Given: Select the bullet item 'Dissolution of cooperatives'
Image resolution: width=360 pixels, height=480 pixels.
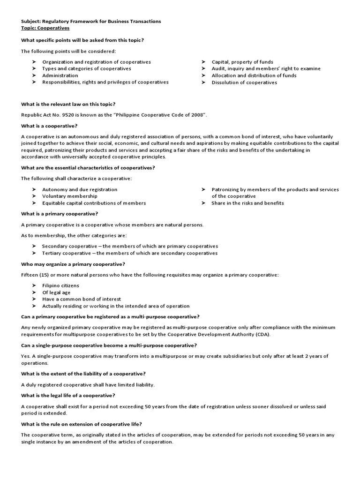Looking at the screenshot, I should [244, 82].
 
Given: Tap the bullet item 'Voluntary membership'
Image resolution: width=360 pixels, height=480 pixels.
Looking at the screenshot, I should [70, 196].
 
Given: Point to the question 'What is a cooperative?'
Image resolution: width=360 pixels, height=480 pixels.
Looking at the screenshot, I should [49, 126].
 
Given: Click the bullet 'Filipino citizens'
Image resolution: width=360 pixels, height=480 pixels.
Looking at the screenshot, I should [60, 285].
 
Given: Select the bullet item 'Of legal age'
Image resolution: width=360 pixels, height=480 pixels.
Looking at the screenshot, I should [56, 292].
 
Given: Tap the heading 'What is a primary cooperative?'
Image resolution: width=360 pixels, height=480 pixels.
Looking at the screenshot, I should [60, 214].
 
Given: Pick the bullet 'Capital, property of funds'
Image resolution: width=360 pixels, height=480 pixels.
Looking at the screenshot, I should [242, 62].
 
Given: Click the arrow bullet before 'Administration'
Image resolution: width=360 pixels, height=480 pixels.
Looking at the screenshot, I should [34, 75].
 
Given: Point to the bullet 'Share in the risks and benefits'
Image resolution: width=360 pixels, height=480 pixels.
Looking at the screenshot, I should [247, 203].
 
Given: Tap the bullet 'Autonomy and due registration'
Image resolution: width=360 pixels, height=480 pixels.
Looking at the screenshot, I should [80, 189].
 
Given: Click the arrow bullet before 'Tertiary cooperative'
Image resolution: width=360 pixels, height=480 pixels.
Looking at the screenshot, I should [34, 253].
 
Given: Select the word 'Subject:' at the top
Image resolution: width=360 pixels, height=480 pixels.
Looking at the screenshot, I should [30, 21].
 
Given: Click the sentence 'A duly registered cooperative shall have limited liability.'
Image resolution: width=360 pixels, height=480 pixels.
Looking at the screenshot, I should [88, 385].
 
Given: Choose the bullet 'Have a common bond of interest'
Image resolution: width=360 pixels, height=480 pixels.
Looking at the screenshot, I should [82, 299].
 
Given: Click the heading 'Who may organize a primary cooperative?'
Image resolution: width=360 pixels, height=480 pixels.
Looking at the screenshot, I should [73, 264].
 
